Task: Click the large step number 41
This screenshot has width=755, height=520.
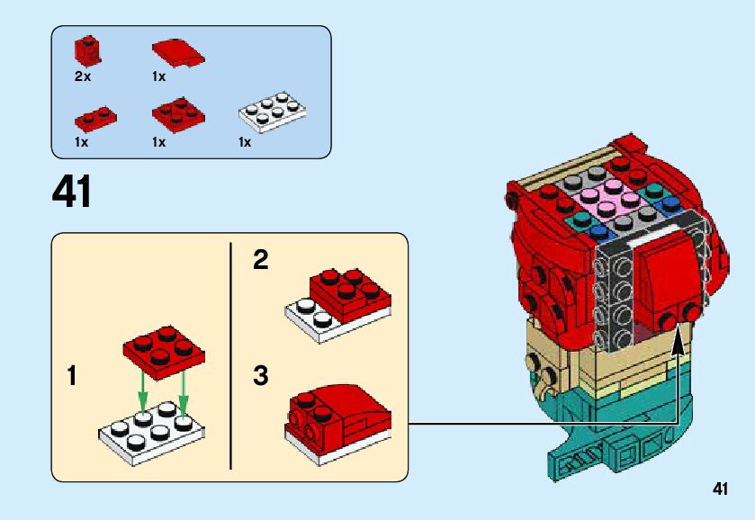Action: click(x=72, y=192)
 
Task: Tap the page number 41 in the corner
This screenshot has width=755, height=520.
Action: click(x=719, y=489)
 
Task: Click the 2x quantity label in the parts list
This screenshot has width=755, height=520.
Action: click(x=83, y=76)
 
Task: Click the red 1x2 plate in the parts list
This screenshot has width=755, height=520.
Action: click(x=94, y=117)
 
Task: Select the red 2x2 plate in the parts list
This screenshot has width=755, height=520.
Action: click(x=177, y=114)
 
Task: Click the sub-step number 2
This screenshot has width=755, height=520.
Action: click(x=260, y=260)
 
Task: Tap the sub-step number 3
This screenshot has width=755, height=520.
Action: click(x=260, y=375)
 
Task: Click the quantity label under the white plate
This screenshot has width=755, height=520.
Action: click(x=244, y=142)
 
